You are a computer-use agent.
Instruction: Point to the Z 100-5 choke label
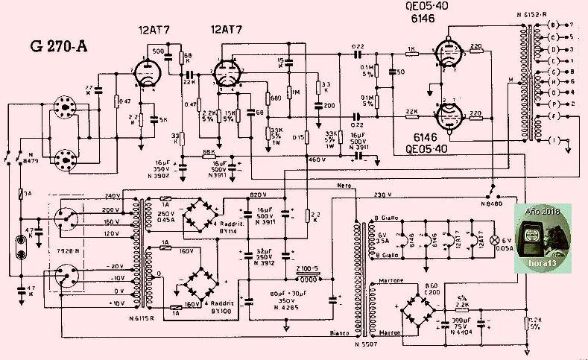pos(308,268)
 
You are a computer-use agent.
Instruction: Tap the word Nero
pos(344,185)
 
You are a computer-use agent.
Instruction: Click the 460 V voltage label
pos(318,160)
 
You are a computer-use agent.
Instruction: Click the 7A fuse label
pos(25,195)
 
